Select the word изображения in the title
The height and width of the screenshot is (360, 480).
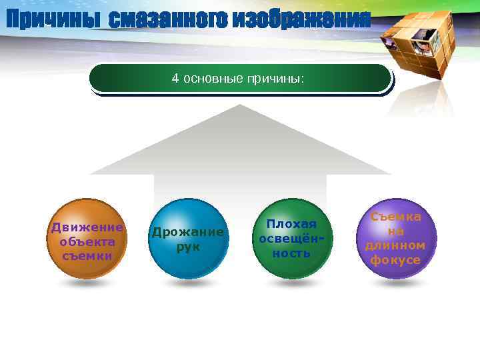[x=297, y=20]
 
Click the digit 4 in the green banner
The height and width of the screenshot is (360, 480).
[x=175, y=79]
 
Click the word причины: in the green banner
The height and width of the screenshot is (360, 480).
[x=276, y=79]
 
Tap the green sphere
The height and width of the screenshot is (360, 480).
[x=291, y=239]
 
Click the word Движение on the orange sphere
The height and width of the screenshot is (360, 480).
[x=87, y=227]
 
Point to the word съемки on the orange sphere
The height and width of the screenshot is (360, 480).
[x=87, y=255]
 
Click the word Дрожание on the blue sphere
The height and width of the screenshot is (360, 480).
[x=187, y=232]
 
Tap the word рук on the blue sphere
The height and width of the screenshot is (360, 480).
[x=187, y=247]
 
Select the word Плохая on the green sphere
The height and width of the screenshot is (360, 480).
[x=291, y=224]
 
